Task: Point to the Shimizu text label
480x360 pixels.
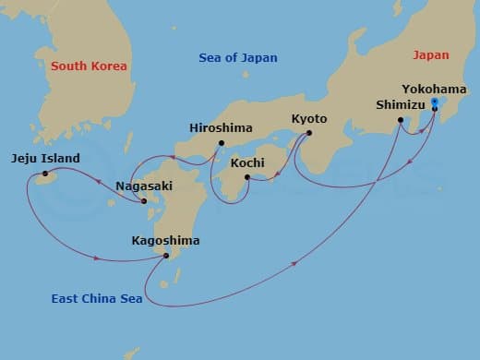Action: coord(402,105)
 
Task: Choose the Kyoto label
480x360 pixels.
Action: coord(308,119)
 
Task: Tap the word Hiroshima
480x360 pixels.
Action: coord(220,127)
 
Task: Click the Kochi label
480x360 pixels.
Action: coord(247,162)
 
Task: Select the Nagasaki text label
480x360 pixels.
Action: coord(144,186)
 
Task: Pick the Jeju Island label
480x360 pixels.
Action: coord(45,158)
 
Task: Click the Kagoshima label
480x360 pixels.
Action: coord(166,241)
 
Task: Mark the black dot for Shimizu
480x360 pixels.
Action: coord(401,120)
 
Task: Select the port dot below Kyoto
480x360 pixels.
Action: coord(308,133)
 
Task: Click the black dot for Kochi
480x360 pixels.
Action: coord(246,176)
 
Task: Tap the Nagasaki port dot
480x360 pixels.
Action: coord(144,200)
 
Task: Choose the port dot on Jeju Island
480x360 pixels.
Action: coord(44,173)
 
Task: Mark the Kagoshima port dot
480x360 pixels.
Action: coord(166,256)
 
